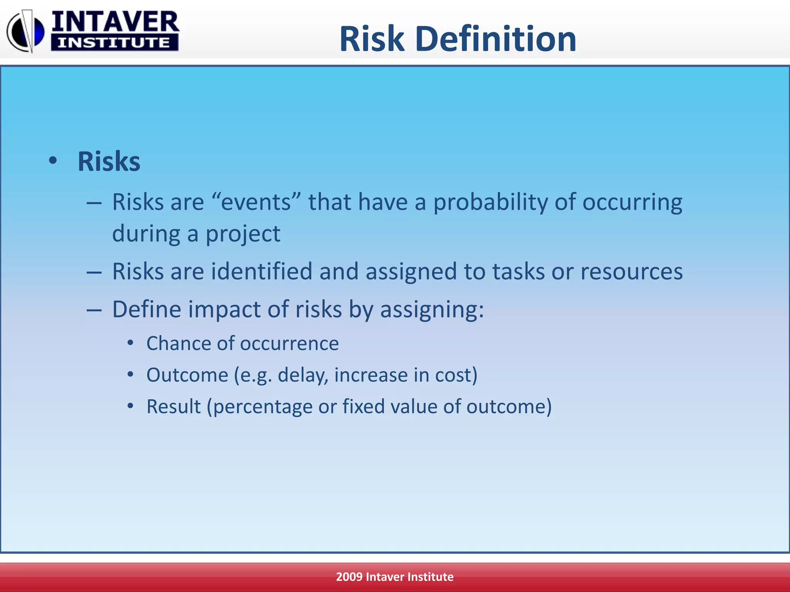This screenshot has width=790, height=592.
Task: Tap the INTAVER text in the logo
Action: click(x=115, y=22)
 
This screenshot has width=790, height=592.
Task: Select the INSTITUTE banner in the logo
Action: click(x=114, y=43)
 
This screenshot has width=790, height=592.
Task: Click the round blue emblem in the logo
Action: click(x=25, y=32)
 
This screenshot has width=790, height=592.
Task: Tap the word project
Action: click(x=243, y=234)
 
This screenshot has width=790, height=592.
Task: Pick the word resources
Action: click(x=631, y=272)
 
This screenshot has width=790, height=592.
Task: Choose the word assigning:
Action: click(x=432, y=310)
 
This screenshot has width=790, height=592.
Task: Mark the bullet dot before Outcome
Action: click(x=130, y=374)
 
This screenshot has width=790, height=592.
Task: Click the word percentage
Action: click(x=262, y=407)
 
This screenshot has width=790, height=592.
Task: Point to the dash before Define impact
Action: click(x=94, y=310)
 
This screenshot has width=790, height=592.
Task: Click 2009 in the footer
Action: click(x=349, y=577)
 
